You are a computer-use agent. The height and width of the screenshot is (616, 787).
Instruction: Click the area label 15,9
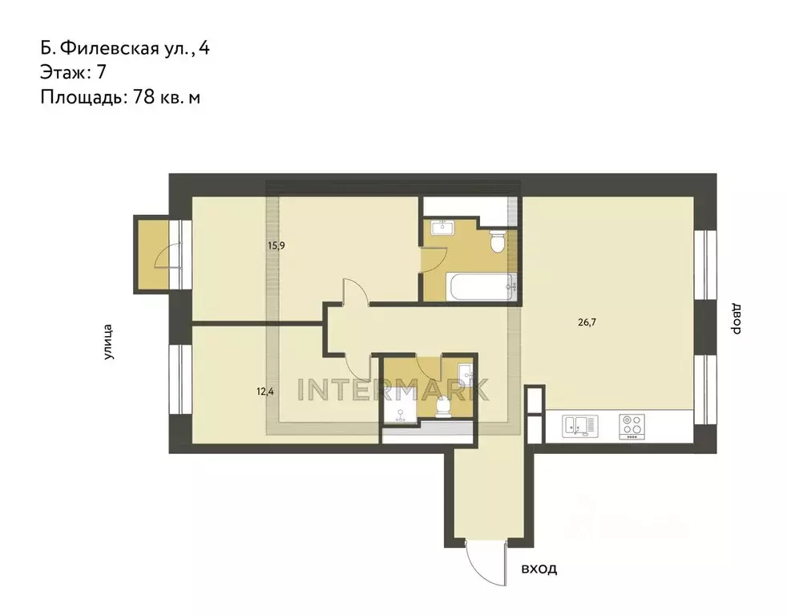[276, 245]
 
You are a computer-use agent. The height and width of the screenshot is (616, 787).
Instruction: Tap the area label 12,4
[264, 391]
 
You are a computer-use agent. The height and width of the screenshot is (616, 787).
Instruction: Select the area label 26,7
[587, 322]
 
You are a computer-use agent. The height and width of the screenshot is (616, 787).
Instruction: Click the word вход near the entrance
[538, 569]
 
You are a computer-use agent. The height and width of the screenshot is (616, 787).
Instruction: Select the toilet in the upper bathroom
[497, 240]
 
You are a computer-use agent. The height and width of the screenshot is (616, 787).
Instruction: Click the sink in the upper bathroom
[442, 228]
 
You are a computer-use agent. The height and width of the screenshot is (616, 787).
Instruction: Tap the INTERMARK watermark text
[393, 389]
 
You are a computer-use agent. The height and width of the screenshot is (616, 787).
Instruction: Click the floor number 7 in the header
[101, 72]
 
